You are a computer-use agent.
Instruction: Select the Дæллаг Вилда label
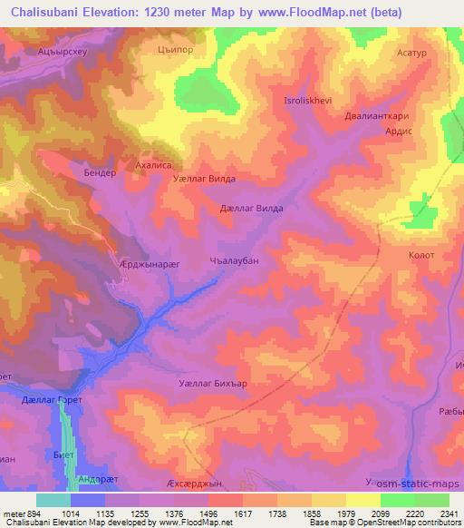point(252,209)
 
